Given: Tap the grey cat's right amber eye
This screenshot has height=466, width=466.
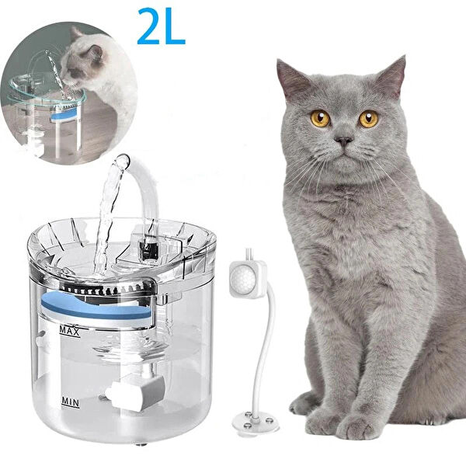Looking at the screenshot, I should pyautogui.click(x=368, y=118).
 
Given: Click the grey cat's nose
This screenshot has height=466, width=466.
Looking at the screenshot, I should pyautogui.click(x=343, y=141).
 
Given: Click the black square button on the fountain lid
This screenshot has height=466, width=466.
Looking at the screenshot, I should pyautogui.click(x=148, y=250).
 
